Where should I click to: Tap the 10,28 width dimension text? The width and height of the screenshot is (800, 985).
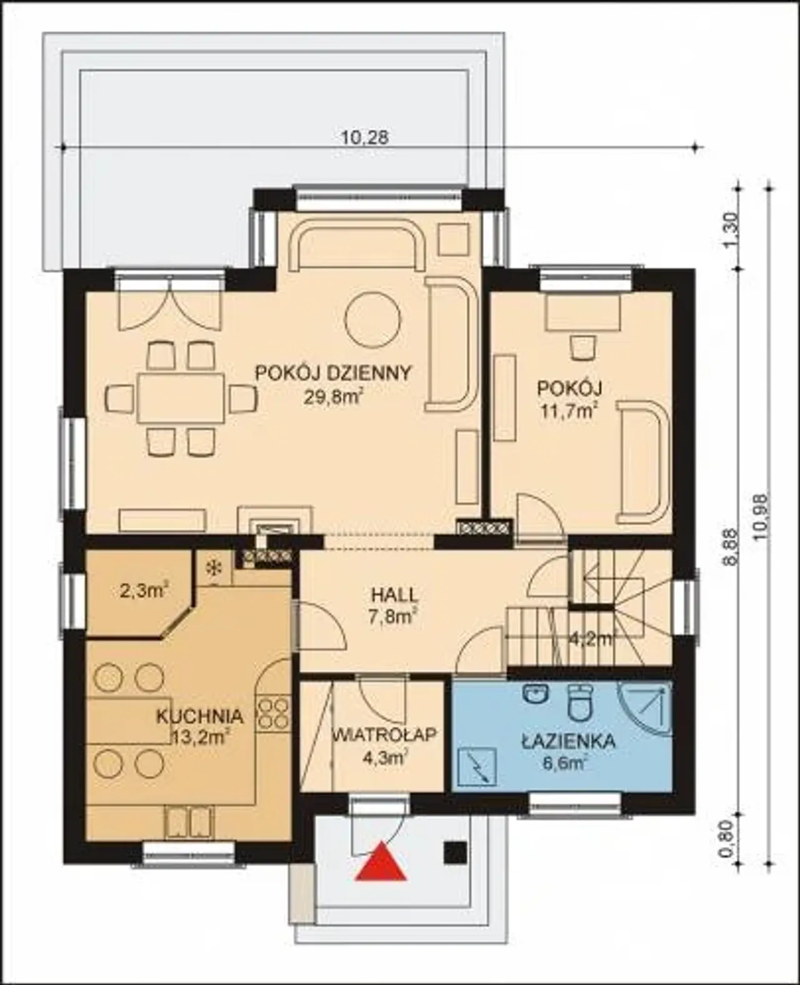click(366, 137)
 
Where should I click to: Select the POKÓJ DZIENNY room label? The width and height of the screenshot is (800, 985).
click(333, 372)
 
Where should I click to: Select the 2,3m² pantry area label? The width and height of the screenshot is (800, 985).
click(144, 591)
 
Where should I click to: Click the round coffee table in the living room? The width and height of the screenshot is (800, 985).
click(372, 319)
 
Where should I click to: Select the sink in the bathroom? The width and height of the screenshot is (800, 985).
click(536, 694)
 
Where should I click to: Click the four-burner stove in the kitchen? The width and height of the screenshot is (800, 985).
click(273, 712)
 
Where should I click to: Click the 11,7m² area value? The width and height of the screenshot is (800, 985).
click(569, 411)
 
